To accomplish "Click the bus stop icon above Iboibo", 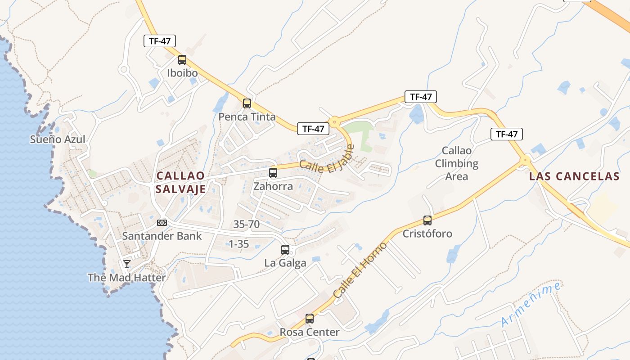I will tap(182, 59).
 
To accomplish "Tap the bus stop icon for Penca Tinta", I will tap(247, 103).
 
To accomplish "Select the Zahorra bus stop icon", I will tap(273, 172).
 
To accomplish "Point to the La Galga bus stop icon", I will tap(285, 249).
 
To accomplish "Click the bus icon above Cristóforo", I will tap(427, 220).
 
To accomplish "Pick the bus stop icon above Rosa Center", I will tap(310, 319).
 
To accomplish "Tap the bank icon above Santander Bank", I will tap(162, 223).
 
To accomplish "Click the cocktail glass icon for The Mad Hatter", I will tap(127, 264).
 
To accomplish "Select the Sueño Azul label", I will tap(58, 139).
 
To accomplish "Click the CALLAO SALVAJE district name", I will tap(180, 182).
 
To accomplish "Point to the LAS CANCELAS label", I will tap(574, 176).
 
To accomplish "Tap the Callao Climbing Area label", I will tap(457, 163).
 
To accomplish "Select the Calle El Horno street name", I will tap(360, 270).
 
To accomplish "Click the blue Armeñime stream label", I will tap(531, 305).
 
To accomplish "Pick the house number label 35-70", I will tap(246, 224).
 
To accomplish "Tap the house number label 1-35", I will tap(238, 244).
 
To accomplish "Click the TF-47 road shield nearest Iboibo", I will tap(160, 41).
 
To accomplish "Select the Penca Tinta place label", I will tap(247, 117).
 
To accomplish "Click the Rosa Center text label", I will tap(310, 333).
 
